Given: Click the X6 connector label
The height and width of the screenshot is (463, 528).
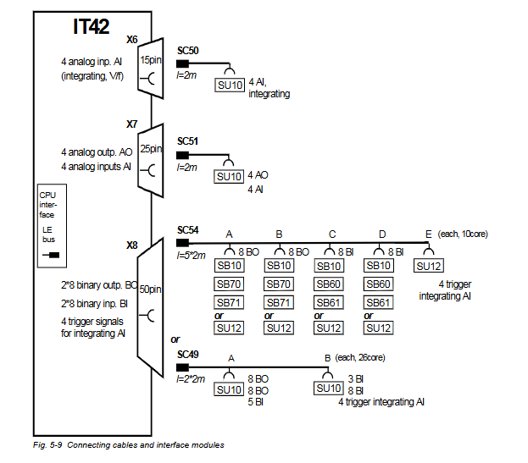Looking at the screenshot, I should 132,39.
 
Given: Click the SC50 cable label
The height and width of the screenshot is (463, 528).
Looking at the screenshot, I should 188,52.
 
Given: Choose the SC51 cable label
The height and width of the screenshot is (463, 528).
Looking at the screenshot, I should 188,141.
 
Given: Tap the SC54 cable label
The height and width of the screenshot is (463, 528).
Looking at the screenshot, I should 188,230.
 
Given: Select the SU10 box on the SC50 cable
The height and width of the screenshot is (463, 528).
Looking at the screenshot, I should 229,85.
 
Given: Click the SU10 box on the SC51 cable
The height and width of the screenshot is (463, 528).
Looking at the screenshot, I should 229,176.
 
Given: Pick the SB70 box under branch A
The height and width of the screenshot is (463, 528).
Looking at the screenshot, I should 229,284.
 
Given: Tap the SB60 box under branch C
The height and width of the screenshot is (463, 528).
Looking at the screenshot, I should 329,284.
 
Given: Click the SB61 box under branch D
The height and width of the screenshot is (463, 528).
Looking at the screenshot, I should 378,302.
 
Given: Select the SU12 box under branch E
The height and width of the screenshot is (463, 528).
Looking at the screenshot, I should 429,265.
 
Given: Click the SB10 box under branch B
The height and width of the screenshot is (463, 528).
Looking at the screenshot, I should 279,265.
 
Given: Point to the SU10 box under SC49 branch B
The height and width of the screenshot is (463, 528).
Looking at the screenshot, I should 329,389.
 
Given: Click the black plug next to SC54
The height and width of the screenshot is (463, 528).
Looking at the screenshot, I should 182,245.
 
